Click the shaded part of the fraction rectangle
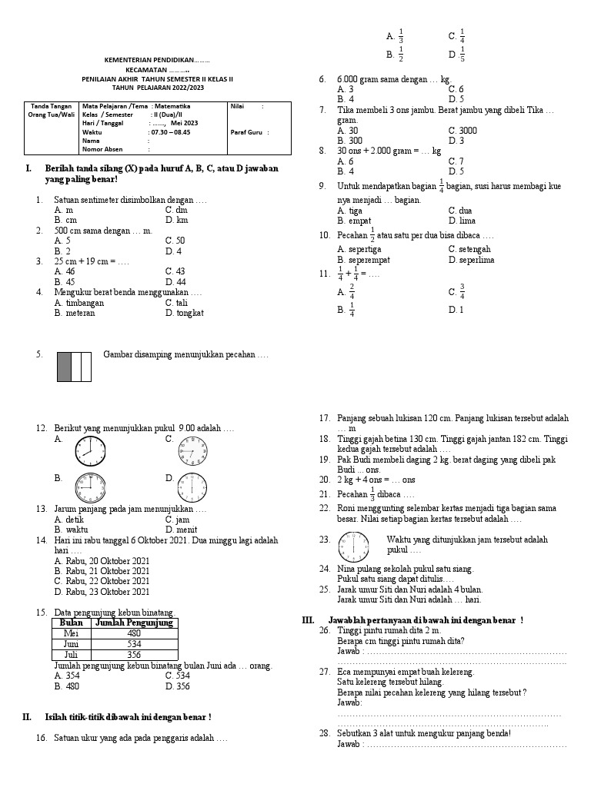pos(64,367)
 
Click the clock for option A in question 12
pos(88,450)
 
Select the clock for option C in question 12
pos(192,450)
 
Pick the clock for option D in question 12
pos(192,486)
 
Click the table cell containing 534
pos(134,644)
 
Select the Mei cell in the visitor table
pos(71,633)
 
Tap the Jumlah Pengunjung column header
pos(134,623)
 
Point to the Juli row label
pos(71,655)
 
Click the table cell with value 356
pos(134,655)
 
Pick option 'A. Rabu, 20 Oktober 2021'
pos(102,561)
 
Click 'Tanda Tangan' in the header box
pos(52,106)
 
